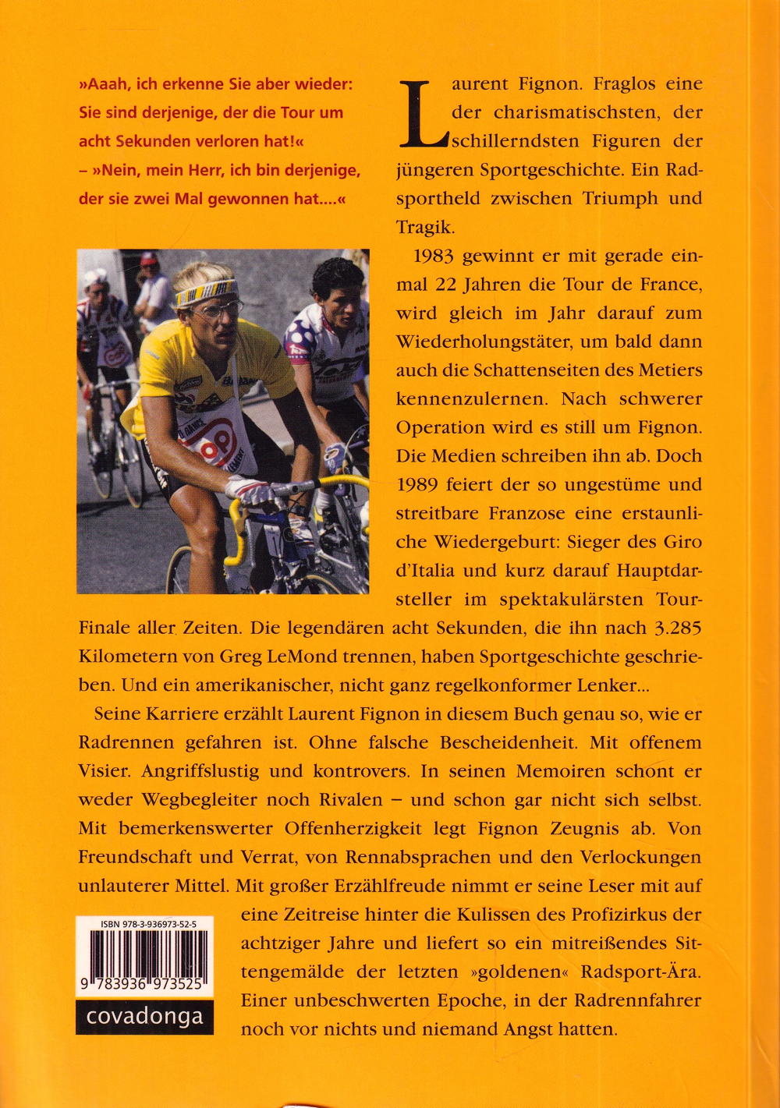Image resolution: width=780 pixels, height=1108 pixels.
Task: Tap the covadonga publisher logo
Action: click(x=144, y=1017)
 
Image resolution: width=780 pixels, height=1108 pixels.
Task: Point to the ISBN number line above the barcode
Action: click(x=148, y=924)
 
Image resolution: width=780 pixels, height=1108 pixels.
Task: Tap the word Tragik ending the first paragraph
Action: click(x=424, y=227)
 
